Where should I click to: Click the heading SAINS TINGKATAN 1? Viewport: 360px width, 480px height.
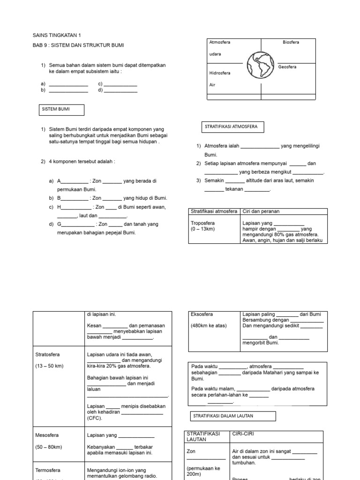[x=57, y=35]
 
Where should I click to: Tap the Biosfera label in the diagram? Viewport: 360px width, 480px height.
[x=291, y=42]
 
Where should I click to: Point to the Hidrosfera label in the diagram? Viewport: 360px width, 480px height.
[x=220, y=73]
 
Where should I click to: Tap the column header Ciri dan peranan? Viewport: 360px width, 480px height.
[x=261, y=211]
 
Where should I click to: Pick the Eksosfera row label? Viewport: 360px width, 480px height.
[x=202, y=315]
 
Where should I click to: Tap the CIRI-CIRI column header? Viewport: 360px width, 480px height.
[x=243, y=434]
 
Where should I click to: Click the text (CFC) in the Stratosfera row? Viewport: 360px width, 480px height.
[x=94, y=418]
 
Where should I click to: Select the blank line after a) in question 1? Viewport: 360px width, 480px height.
[x=68, y=84]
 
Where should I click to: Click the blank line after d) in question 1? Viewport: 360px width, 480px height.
[x=120, y=90]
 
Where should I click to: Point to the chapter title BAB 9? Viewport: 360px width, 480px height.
[x=78, y=45]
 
